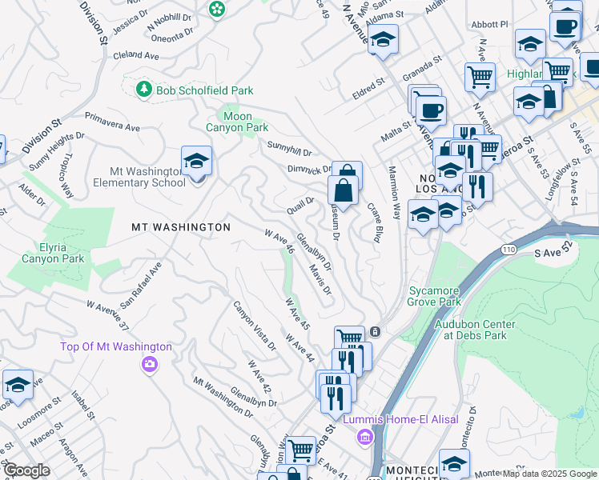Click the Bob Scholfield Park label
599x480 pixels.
coord(199,90)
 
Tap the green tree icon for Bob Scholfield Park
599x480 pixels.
coord(144,90)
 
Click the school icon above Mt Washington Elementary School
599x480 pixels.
coord(196,161)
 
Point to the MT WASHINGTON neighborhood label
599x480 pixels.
coord(181,227)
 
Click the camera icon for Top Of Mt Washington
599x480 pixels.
coord(149,365)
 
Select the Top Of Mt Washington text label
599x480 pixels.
coord(117,346)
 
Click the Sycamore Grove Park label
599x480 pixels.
coord(435,297)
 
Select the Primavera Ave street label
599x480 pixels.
coord(112,122)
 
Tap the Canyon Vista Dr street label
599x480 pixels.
coord(254,327)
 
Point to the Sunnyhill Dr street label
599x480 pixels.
coord(289,147)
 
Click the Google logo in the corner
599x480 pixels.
coord(27,470)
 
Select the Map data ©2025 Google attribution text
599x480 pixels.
coord(549,474)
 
